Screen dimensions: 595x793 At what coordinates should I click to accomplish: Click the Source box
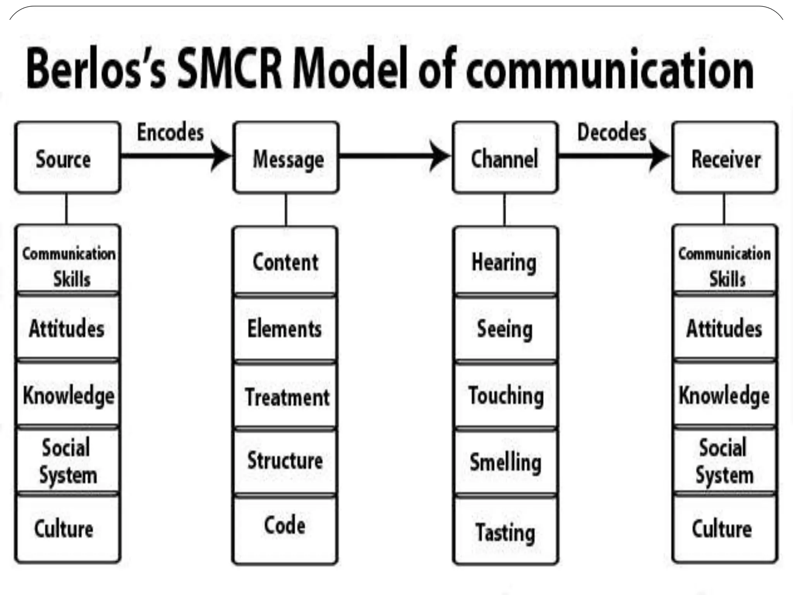coord(67,158)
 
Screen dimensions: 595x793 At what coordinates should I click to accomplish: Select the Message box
coord(286,158)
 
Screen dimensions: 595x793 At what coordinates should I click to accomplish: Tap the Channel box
coord(505,158)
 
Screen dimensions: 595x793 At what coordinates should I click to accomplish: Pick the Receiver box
coord(725,158)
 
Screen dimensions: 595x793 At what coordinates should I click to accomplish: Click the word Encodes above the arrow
coord(170,132)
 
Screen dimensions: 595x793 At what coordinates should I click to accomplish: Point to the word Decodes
coord(612,132)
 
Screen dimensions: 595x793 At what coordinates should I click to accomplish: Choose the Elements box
coord(285,328)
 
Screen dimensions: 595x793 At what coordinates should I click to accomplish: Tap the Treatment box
coord(285,396)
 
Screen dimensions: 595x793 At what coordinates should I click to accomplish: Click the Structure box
coord(285,461)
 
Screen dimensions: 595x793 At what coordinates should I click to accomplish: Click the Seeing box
coord(505,328)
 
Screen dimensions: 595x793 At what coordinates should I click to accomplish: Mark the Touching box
coord(505,396)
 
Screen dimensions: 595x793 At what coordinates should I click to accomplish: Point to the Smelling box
coord(505,462)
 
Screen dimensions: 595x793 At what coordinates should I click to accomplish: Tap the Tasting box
coord(505,531)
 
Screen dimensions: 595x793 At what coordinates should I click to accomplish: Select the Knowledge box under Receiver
coord(724,395)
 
